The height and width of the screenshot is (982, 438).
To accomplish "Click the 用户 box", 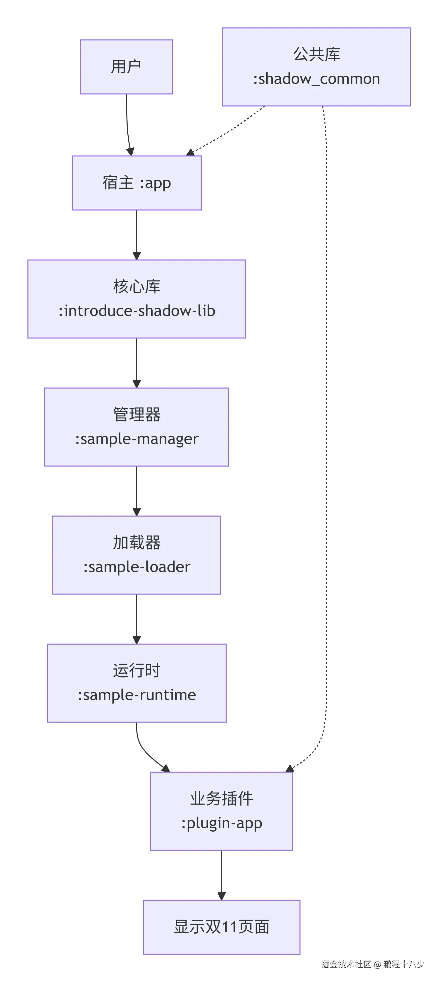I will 126,67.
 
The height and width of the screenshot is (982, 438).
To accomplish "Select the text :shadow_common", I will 316,79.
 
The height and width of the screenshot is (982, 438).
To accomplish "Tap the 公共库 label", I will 316,54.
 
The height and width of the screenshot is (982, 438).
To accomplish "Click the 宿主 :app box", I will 136,183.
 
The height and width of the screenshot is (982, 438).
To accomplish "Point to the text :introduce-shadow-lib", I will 136,311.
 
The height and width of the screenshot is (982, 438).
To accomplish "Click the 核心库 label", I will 136,286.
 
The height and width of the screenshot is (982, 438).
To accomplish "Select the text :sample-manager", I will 136,439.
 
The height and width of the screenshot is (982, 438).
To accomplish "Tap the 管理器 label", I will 136,414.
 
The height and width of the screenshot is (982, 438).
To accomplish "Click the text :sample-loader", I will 136,567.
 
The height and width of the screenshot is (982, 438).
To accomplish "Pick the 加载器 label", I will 136,543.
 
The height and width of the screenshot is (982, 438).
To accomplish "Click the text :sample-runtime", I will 136,695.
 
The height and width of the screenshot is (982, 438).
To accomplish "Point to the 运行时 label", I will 136,671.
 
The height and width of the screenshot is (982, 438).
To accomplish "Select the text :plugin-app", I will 221,823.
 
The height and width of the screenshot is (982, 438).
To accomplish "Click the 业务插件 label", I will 221,799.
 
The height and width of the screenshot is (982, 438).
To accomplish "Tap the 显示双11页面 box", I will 221,927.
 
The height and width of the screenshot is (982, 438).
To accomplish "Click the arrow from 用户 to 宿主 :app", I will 127,126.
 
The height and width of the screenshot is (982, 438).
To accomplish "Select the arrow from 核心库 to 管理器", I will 136,362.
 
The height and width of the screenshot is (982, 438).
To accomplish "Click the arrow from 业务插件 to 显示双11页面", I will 221,875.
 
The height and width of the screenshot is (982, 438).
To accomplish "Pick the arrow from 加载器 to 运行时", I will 136,618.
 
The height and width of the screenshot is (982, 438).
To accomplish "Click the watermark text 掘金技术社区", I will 346,964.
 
